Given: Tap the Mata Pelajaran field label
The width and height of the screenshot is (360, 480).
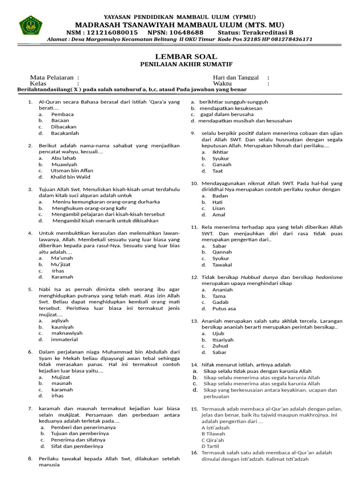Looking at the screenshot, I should (52, 77).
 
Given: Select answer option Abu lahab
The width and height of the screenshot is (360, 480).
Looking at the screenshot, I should (64, 158).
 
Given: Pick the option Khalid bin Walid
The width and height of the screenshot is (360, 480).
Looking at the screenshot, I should (71, 177).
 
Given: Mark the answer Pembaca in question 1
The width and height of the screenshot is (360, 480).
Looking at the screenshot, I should (62, 114).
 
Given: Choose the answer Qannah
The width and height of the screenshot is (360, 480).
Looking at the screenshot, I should (222, 252).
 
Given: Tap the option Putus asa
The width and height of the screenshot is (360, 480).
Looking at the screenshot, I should (224, 308).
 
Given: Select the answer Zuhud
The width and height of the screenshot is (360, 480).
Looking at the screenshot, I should (220, 346).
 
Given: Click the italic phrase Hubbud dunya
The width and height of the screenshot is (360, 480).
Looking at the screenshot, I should (261, 277).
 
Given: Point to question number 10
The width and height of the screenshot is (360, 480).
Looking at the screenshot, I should (195, 183).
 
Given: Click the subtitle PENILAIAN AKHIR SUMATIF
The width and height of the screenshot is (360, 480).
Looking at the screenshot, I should (180, 64).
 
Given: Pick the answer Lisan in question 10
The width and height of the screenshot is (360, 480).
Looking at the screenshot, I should (219, 208).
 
